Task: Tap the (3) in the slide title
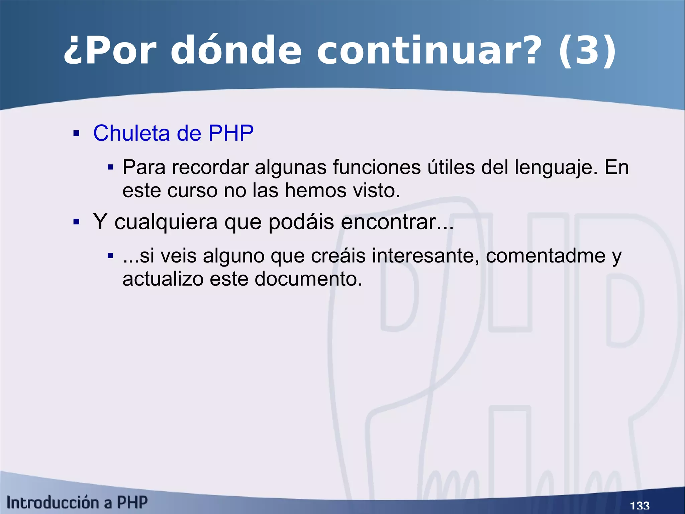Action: [x=587, y=51]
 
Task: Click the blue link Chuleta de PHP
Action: [x=173, y=133]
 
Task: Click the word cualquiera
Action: [x=166, y=222]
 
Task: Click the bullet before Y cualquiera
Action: [x=77, y=222]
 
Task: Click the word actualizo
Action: [x=163, y=279]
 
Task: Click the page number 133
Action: [x=640, y=505]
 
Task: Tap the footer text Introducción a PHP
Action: [x=77, y=503]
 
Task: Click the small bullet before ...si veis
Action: [x=110, y=256]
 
